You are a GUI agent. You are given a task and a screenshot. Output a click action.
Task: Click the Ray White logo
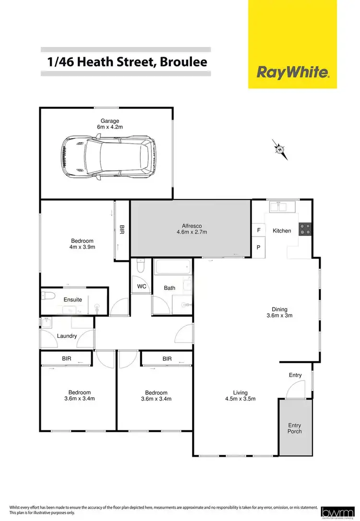[x=293, y=73]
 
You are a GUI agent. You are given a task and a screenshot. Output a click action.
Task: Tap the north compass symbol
[x=280, y=150]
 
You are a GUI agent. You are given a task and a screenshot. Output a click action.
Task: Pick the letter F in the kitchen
[x=259, y=230]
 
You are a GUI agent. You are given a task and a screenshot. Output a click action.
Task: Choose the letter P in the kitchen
[x=259, y=248]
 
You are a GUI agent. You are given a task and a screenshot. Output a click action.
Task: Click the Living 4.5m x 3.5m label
[x=241, y=395]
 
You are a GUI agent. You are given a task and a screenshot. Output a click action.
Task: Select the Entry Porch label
[x=295, y=428]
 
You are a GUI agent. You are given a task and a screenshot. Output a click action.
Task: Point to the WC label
[x=142, y=286]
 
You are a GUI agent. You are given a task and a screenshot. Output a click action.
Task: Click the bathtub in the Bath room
[x=172, y=268]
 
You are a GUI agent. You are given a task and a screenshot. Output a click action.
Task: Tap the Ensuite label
[x=73, y=299]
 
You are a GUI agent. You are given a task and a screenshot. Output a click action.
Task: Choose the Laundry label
[x=67, y=336]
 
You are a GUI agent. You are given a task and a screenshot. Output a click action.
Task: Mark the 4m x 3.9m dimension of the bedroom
[x=83, y=248]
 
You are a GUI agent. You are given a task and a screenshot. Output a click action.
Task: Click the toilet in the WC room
[x=141, y=265]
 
